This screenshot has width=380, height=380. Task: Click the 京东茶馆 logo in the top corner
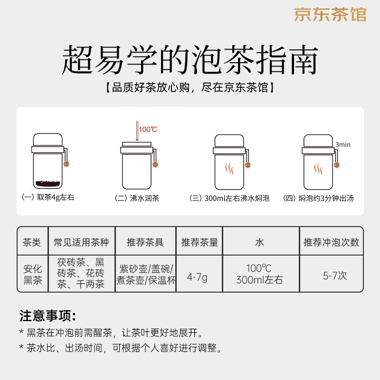tap(330, 15)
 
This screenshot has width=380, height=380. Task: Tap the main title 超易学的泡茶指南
tap(190, 59)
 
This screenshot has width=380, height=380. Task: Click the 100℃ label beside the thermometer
tap(148, 129)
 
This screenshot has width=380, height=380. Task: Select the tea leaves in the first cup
tap(47, 183)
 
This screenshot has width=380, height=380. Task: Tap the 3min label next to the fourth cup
tap(342, 144)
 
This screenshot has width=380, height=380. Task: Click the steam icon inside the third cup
tap(229, 169)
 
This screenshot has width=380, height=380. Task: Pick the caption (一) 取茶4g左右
tap(48, 198)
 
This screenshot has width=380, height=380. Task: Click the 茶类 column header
tap(32, 242)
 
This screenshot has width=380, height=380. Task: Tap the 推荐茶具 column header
tap(145, 242)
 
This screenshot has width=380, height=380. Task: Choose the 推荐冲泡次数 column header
tap(331, 242)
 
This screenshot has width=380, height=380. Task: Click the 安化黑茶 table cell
tap(32, 275)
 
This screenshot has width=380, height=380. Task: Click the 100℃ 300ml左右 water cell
tap(259, 275)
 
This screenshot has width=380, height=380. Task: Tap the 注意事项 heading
tap(47, 316)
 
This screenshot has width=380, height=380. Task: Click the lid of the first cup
tap(47, 140)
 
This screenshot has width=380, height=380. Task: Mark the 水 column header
tap(259, 242)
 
